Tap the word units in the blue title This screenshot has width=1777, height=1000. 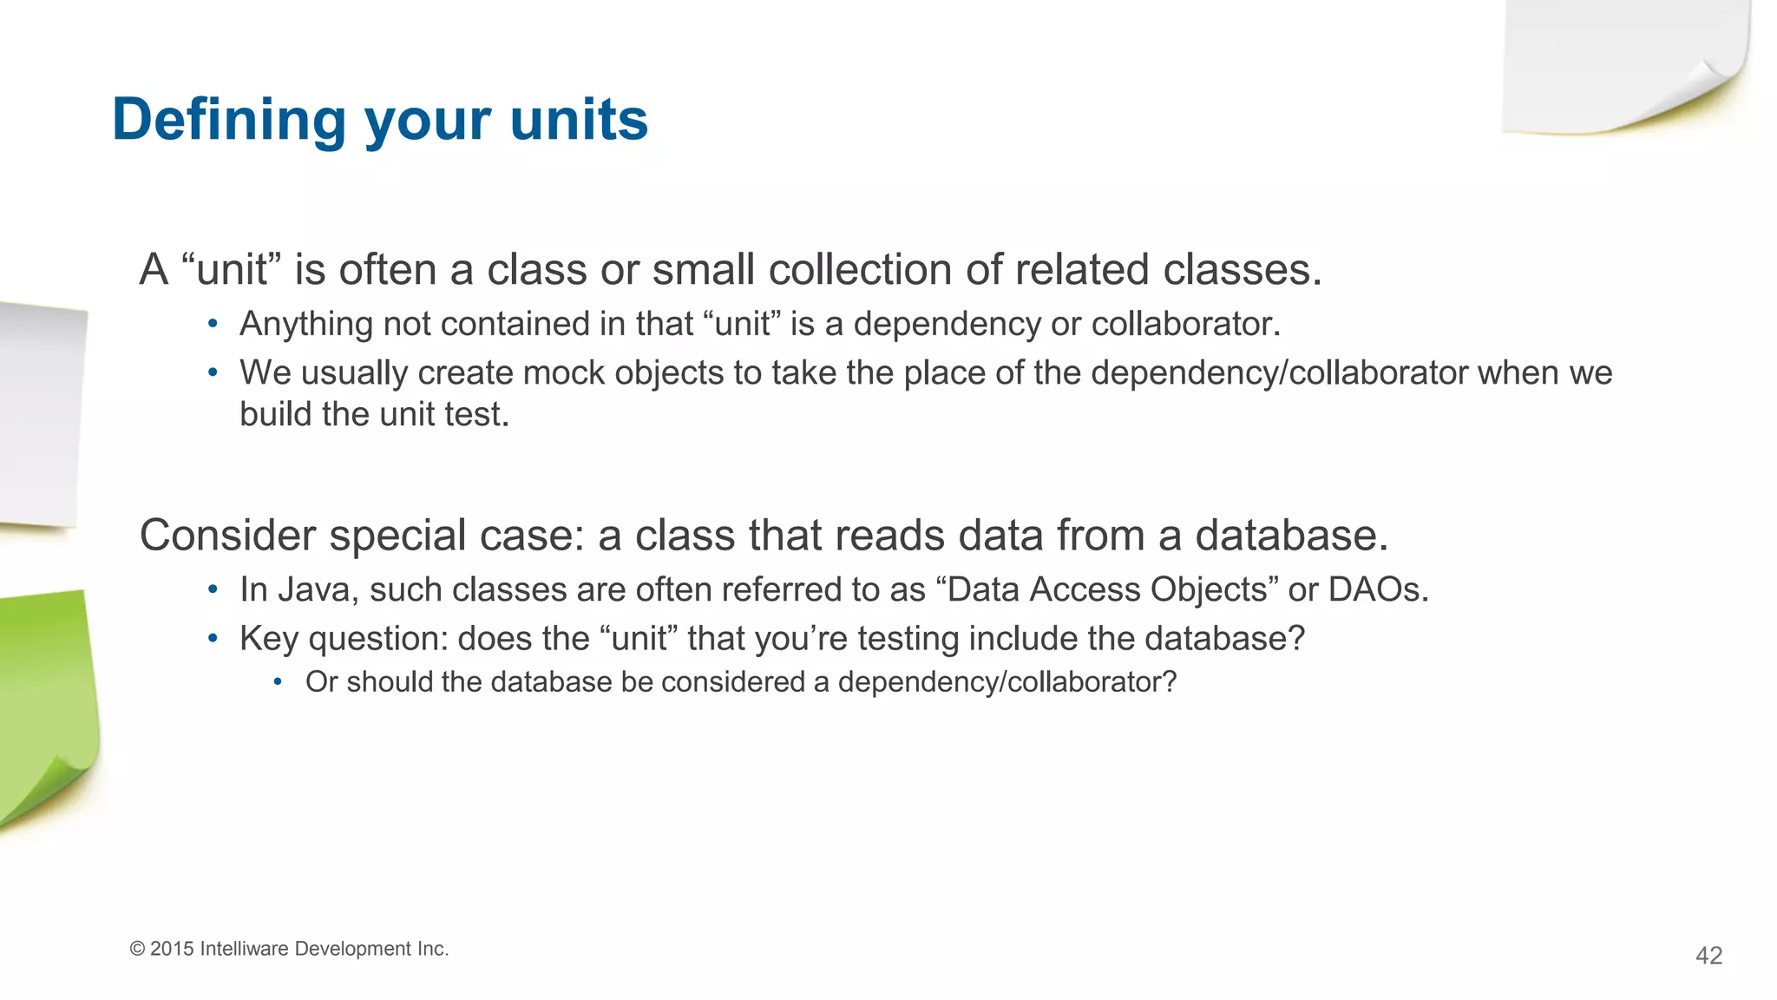579,120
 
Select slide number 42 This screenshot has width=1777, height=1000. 1708,956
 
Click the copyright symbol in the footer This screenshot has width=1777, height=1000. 137,949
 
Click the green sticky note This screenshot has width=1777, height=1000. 48,703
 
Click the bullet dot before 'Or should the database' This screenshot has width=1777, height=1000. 278,682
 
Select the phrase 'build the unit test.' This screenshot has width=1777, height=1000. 374,415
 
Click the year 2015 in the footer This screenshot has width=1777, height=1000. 172,949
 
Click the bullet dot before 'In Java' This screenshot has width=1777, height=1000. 213,590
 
